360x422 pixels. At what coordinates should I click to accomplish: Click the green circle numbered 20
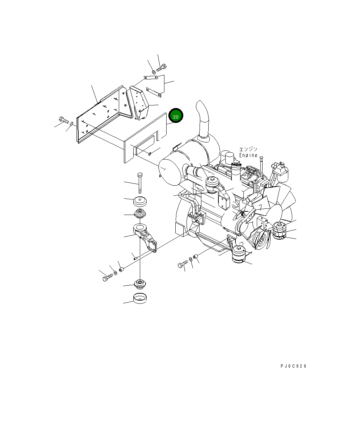coord(176,116)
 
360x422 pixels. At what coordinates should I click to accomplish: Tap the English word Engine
coord(248,155)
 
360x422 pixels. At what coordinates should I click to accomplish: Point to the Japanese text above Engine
coord(248,149)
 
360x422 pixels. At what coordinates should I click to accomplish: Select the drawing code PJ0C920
coord(293,366)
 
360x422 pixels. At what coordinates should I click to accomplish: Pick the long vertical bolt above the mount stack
coord(140,183)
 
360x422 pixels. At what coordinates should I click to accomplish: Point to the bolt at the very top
coord(162,67)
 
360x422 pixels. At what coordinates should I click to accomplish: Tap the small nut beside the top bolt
coord(154,72)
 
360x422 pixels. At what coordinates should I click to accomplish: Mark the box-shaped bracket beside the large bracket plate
coord(139,102)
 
